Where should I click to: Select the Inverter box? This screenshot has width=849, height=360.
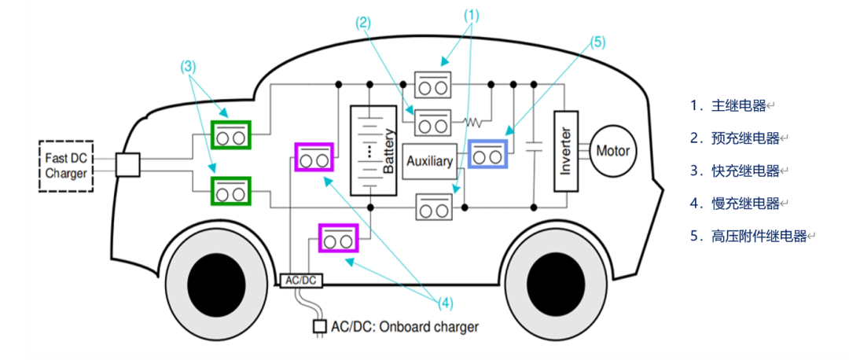[x=566, y=150]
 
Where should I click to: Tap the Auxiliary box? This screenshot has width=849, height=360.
[x=428, y=162]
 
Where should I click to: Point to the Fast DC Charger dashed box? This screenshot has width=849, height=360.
[x=65, y=165]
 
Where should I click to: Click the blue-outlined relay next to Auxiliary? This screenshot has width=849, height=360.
[x=487, y=156]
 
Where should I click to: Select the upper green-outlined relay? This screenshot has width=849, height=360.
[x=231, y=134]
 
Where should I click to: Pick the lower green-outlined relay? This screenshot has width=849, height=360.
[x=231, y=189]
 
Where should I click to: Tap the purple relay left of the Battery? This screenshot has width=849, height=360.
[x=314, y=156]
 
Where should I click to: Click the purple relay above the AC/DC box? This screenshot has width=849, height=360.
[x=337, y=237]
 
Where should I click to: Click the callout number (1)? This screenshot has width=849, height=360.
[x=471, y=13]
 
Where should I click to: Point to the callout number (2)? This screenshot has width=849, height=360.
[x=363, y=24]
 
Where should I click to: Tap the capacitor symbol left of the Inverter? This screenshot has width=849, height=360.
[x=534, y=148]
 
